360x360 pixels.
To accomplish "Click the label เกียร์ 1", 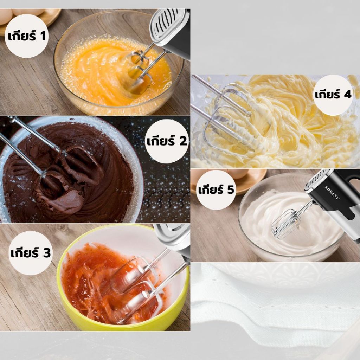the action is click(x=27, y=36).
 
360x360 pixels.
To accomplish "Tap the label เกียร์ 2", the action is click(x=167, y=141).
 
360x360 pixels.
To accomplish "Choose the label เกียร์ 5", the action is click(x=216, y=190).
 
